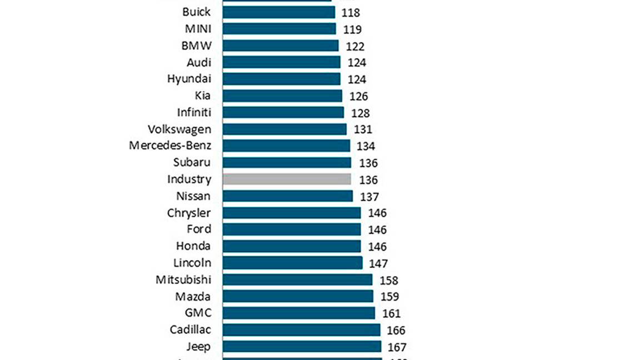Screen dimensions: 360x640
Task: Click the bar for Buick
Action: pyautogui.click(x=279, y=12)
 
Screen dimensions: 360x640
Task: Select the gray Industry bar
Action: pyautogui.click(x=287, y=179)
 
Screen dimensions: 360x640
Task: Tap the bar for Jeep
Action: pyautogui.click(x=302, y=346)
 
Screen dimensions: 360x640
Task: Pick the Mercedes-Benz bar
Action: pyautogui.click(x=286, y=146)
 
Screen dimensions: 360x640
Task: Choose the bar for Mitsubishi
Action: pyautogui.click(x=297, y=279)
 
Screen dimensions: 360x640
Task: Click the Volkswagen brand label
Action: pyautogui.click(x=179, y=129)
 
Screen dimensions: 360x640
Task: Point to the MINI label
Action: pyautogui.click(x=198, y=29)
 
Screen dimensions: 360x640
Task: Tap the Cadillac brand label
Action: pyautogui.click(x=191, y=329)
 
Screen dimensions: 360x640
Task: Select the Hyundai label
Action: pyautogui.click(x=189, y=79)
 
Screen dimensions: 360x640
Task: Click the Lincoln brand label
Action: pyautogui.click(x=192, y=262)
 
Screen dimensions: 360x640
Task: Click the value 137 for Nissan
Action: pyautogui.click(x=369, y=197)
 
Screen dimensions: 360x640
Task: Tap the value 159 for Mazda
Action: pyautogui.click(x=389, y=297)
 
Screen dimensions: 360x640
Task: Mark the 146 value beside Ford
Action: pyautogui.click(x=377, y=230)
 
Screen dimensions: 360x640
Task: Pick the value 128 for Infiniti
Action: pyautogui.click(x=361, y=113)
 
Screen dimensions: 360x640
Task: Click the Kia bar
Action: pyautogui.click(x=282, y=96)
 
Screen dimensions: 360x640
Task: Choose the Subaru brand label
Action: pyautogui.click(x=192, y=162)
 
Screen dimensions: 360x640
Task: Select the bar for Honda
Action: pyautogui.click(x=292, y=246)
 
